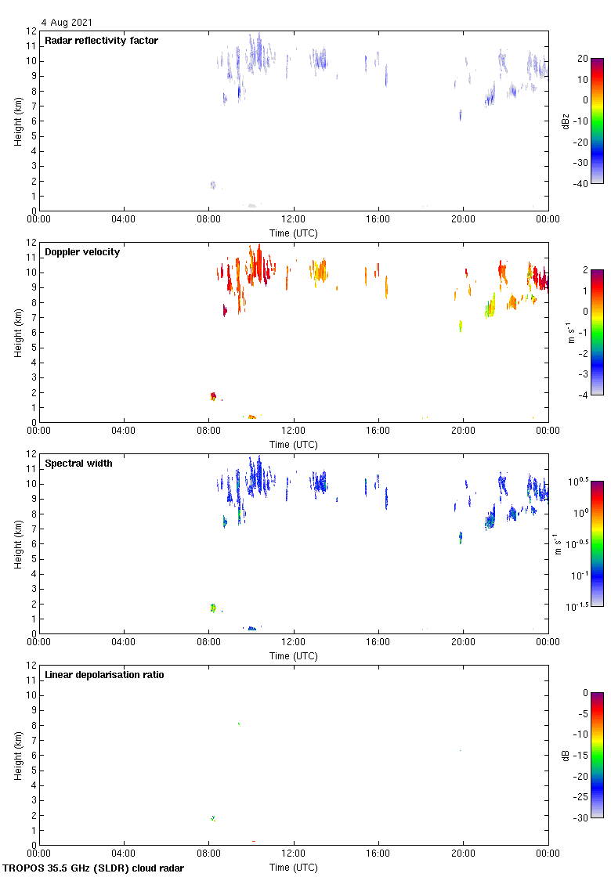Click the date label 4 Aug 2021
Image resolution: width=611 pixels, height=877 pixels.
tap(67, 23)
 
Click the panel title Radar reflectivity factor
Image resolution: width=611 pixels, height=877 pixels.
tap(101, 41)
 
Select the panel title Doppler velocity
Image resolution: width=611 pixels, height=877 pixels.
tap(82, 252)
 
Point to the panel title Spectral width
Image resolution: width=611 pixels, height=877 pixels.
tap(78, 464)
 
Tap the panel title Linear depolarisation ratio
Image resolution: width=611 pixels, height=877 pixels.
tap(104, 675)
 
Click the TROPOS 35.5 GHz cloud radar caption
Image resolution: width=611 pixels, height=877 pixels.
tap(94, 868)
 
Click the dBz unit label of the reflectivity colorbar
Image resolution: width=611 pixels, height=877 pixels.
tap(566, 121)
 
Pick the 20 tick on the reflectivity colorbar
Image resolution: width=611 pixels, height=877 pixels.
tap(583, 59)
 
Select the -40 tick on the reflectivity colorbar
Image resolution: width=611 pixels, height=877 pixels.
tap(581, 184)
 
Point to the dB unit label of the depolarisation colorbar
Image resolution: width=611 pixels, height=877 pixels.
tap(566, 755)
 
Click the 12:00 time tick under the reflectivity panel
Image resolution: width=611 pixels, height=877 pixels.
tap(294, 219)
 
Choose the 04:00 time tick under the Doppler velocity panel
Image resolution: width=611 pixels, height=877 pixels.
tap(124, 431)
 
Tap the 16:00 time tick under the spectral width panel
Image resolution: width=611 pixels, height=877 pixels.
tap(378, 642)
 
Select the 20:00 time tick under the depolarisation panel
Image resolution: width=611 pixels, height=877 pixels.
tap(463, 854)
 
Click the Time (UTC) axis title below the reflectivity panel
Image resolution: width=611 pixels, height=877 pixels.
tap(294, 233)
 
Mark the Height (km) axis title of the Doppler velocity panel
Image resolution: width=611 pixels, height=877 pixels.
tap(17, 333)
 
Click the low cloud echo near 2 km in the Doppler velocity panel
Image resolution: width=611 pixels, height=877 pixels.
tap(212, 397)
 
